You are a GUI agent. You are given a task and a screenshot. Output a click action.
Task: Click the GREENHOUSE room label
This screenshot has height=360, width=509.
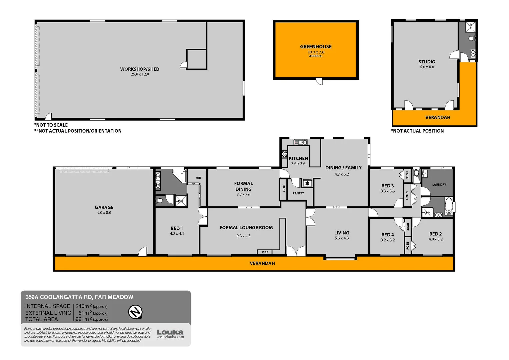316,47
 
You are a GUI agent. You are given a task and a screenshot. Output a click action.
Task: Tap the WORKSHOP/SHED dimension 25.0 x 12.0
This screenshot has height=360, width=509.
140,74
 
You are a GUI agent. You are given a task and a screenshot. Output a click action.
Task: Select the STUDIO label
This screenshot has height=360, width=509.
427,62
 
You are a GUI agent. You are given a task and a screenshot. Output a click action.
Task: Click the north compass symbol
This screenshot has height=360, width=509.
135,312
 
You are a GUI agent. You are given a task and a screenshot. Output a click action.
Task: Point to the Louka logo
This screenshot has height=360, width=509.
170,332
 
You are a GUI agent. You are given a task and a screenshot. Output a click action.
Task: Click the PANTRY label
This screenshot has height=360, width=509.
298,193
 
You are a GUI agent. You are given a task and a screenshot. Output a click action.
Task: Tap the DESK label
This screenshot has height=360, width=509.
284,189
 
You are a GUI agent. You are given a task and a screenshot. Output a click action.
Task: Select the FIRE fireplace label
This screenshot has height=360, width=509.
265,252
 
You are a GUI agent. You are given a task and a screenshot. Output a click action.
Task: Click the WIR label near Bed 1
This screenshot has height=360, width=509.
198,178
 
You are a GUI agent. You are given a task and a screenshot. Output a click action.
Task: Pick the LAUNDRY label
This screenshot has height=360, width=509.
439,185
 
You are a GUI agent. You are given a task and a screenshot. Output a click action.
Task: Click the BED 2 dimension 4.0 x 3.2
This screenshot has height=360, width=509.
435,239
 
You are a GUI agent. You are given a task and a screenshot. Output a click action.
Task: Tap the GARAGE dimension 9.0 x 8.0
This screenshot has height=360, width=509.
104,213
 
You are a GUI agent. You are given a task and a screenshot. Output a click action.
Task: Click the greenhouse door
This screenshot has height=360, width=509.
319,81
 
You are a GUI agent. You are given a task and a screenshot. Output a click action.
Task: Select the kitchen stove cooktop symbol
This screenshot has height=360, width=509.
284,154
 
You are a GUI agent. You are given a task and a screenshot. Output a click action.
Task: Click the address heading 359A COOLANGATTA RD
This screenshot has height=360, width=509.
79,297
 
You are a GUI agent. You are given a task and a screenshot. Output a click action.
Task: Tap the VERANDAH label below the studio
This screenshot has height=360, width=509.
437,118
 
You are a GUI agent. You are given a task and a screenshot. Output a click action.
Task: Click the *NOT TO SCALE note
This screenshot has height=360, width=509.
51,125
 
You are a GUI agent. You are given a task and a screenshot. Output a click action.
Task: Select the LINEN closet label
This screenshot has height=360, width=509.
407,195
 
